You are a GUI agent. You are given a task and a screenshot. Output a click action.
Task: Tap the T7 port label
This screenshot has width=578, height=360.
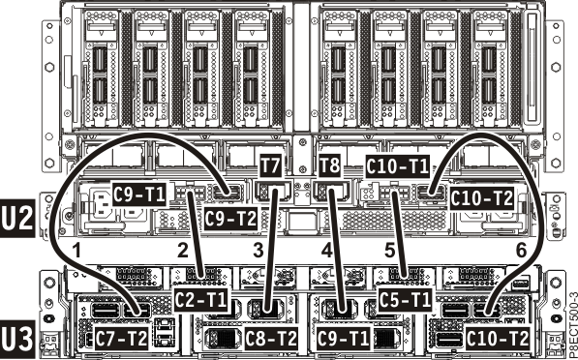pos(272,166)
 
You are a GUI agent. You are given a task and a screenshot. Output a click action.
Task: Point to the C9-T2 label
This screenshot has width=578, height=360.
pos(230,219)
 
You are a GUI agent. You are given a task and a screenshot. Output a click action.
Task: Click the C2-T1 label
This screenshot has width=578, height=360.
pos(200,300)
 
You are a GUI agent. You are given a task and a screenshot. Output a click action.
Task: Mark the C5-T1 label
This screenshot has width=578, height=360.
pos(405,300)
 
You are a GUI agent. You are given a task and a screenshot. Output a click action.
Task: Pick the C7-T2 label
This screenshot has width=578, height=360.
pos(122,339)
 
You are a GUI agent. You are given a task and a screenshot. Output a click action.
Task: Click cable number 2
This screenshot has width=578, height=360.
pos(181,250)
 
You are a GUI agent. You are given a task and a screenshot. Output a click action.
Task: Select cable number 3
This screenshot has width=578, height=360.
pos(258,250)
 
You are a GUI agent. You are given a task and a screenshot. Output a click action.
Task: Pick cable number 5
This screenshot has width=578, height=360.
pos(389,250)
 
